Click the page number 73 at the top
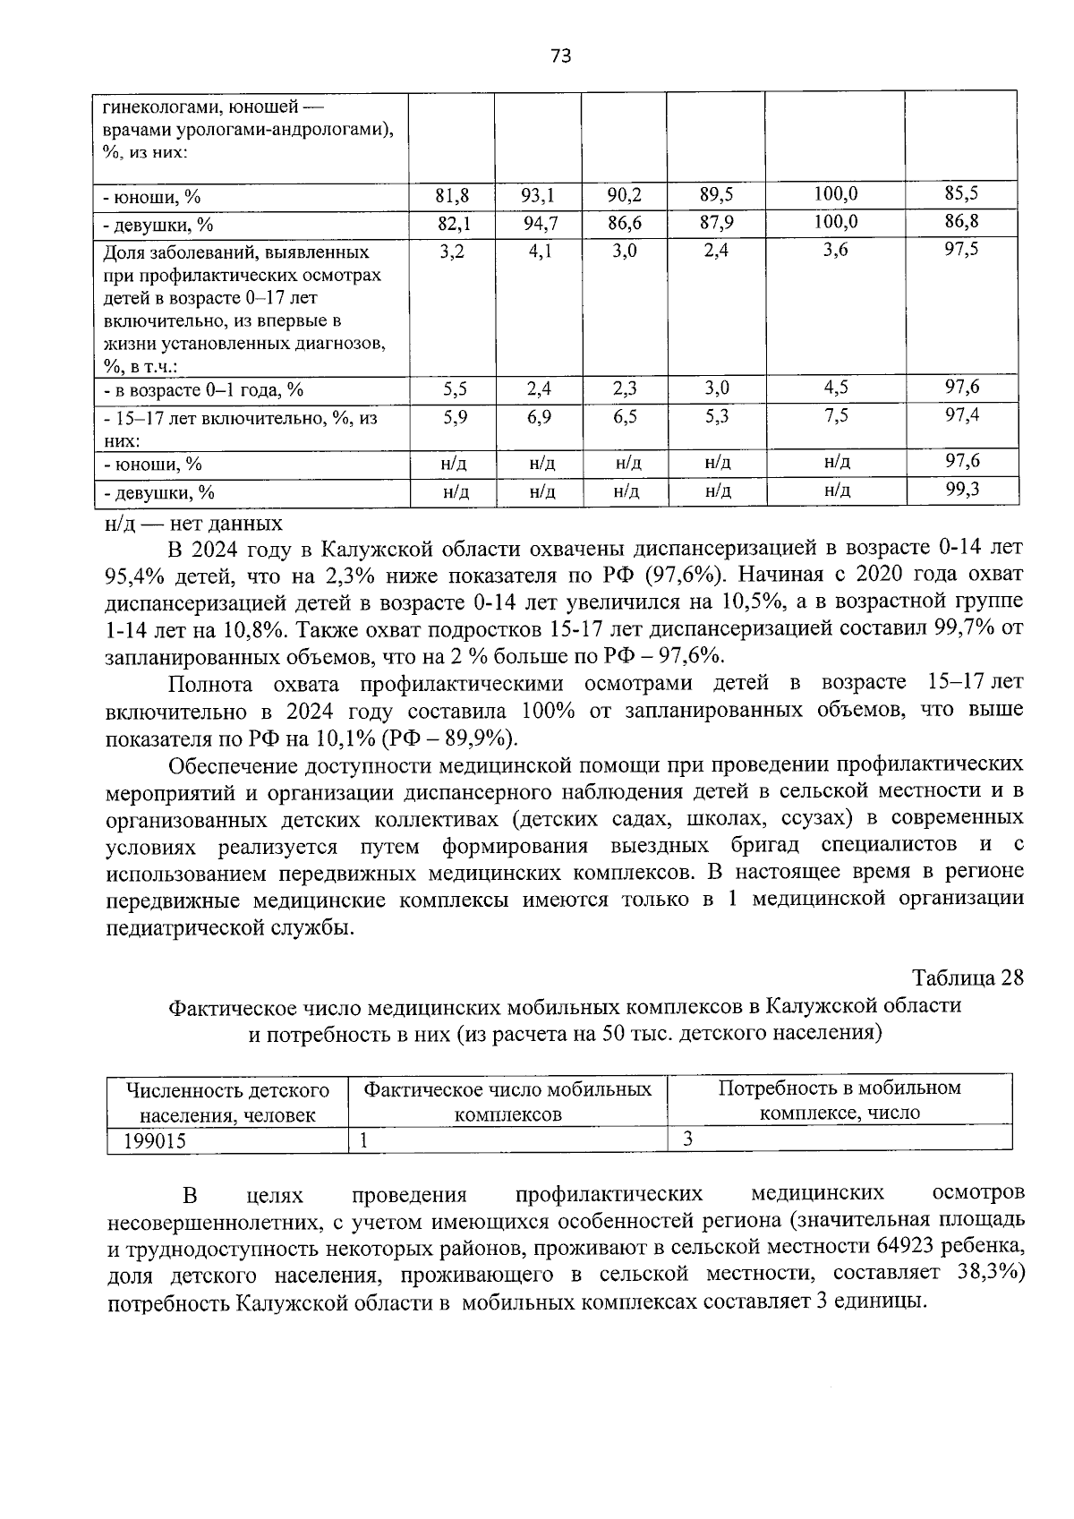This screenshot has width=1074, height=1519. click(560, 56)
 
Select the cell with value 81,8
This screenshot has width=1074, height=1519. click(453, 195)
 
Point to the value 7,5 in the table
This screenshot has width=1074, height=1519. click(836, 416)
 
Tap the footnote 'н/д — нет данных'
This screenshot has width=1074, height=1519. click(193, 524)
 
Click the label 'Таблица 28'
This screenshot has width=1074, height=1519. click(967, 977)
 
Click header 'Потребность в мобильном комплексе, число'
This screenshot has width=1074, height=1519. click(840, 1100)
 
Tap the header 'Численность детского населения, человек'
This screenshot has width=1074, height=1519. click(227, 1103)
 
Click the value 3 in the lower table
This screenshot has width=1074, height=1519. click(687, 1139)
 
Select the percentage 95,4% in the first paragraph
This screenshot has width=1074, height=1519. click(134, 574)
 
